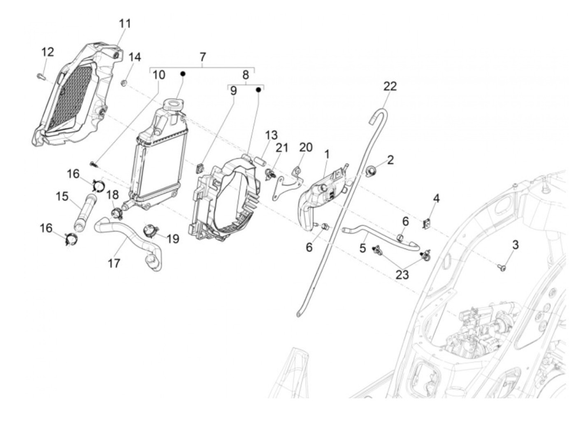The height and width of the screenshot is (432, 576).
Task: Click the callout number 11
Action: pyautogui.click(x=125, y=23)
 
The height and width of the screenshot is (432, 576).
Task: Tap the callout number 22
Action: pyautogui.click(x=390, y=86)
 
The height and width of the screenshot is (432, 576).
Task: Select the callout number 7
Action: pyautogui.click(x=202, y=57)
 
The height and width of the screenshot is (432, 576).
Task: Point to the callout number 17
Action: pyautogui.click(x=114, y=263)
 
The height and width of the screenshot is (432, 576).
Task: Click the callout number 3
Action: pyautogui.click(x=515, y=245)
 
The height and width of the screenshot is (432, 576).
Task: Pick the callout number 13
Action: pyautogui.click(x=271, y=135)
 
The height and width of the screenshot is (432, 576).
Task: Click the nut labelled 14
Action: pyautogui.click(x=123, y=83)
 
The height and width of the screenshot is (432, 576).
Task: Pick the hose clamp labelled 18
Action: pyautogui.click(x=117, y=213)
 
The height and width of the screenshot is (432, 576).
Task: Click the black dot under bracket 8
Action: pyautogui.click(x=259, y=89)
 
